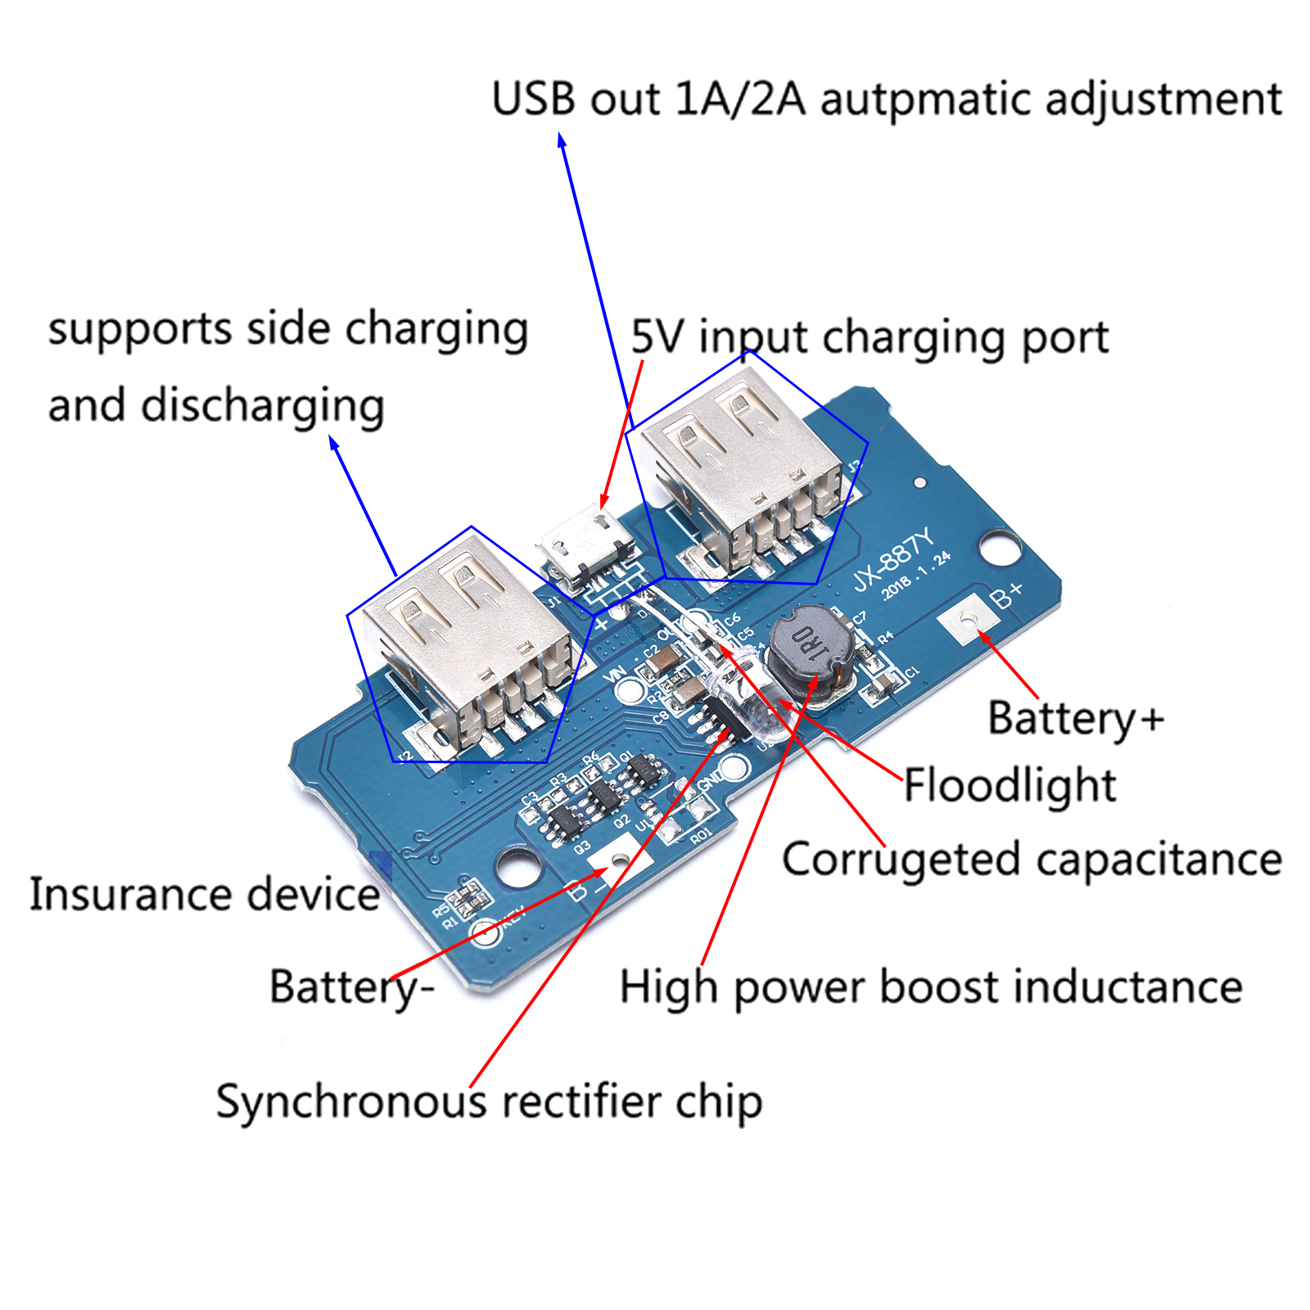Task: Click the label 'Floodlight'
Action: tap(1010, 785)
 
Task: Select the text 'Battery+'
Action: tap(1075, 718)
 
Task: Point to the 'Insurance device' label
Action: tap(205, 894)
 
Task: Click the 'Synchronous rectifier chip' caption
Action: tap(489, 1101)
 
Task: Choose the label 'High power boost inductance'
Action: tap(931, 987)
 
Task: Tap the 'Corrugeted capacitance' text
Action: tap(1032, 860)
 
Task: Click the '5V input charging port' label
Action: tap(870, 337)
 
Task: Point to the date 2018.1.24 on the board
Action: tap(917, 575)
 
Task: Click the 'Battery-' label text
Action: tap(351, 987)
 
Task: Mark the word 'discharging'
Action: tap(262, 406)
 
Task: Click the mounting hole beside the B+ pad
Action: tap(1000, 546)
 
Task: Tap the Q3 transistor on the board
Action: tap(563, 820)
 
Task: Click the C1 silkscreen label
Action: tap(912, 672)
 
